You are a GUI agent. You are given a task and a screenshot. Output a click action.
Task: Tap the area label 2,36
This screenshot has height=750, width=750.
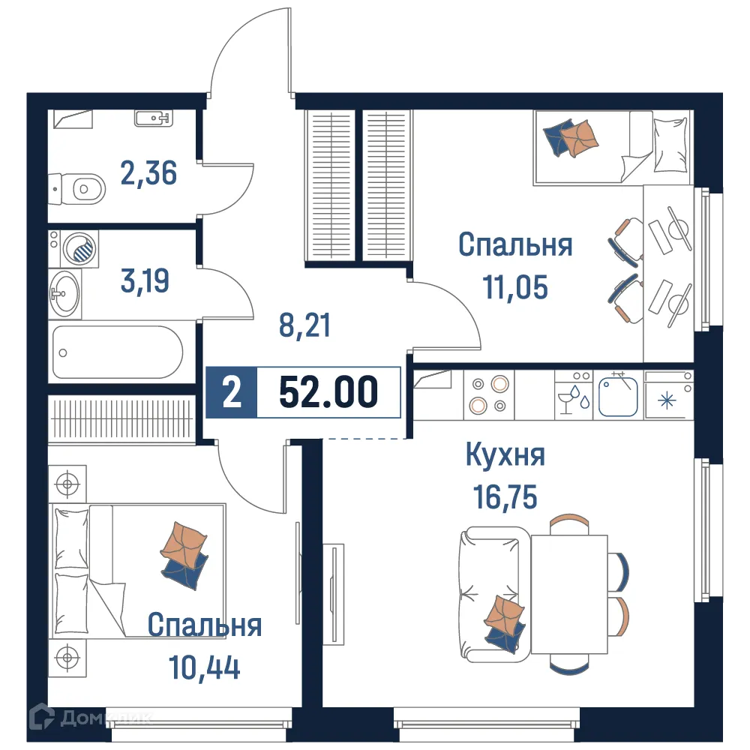[x=148, y=172]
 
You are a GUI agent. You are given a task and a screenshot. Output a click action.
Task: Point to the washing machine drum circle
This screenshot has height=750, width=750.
[x=80, y=247]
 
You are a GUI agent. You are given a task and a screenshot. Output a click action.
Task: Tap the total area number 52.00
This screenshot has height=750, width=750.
[x=328, y=392]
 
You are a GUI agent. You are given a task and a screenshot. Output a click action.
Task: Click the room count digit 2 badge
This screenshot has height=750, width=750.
[x=232, y=392]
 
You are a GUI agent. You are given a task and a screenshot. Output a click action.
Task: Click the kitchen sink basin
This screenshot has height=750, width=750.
[x=618, y=397]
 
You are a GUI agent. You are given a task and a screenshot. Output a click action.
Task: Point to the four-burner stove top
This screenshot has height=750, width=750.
[x=487, y=394]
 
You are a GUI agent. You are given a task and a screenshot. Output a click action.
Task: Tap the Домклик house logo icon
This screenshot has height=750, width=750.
[x=41, y=717]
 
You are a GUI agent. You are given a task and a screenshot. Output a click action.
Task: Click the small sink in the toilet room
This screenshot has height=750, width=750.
[x=154, y=117]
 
